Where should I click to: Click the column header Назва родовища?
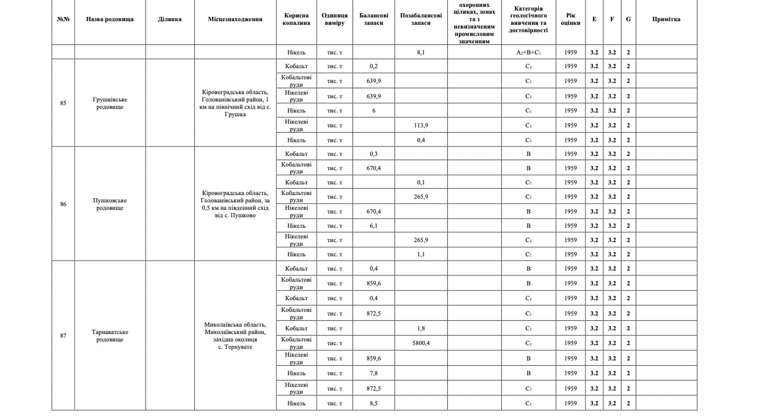[110, 19]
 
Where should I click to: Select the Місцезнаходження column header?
[235, 19]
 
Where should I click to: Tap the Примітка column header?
[666, 19]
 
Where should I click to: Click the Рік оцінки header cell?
[570, 19]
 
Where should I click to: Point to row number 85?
[63, 103]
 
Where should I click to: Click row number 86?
[63, 204]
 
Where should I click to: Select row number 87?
[63, 335]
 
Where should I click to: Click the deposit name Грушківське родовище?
[110, 103]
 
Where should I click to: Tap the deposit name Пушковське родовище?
[110, 204]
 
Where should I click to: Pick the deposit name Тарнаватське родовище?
[110, 335]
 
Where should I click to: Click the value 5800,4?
[421, 343]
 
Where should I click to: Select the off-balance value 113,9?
[421, 125]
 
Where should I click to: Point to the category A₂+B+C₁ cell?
[528, 53]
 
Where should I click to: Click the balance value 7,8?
[373, 373]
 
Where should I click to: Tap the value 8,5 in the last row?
[373, 403]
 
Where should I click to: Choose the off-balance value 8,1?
[421, 53]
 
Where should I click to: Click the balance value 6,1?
[373, 226]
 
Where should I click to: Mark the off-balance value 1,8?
[421, 328]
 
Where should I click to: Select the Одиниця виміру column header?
[334, 19]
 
